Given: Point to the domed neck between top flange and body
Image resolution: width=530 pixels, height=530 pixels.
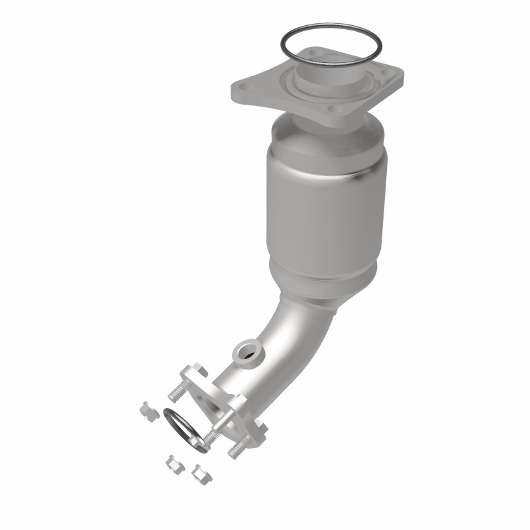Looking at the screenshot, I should coord(315,129).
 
